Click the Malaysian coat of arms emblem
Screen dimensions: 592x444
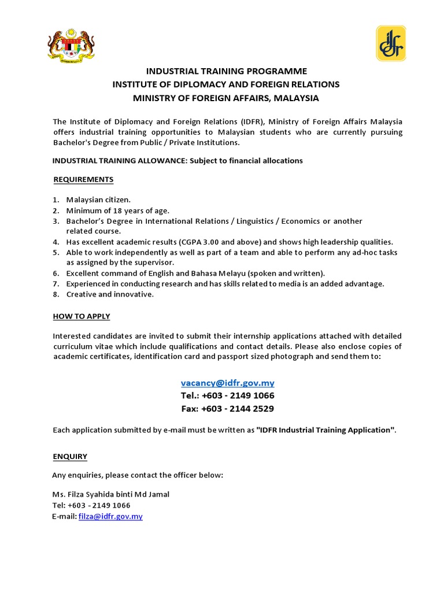[71, 46]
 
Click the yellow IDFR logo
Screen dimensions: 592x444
[391, 43]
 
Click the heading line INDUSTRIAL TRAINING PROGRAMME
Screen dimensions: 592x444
[226, 71]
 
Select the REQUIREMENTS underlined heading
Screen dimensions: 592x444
[83, 179]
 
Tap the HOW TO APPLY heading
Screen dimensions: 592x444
[82, 316]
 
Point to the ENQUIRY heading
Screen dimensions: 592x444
[70, 456]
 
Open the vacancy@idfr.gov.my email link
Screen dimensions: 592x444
[227, 383]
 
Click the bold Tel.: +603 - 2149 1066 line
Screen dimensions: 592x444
[227, 395]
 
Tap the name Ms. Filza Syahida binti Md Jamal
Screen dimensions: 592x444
[111, 494]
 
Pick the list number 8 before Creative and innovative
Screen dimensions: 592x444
[56, 294]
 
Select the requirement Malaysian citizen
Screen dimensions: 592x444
[98, 200]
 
